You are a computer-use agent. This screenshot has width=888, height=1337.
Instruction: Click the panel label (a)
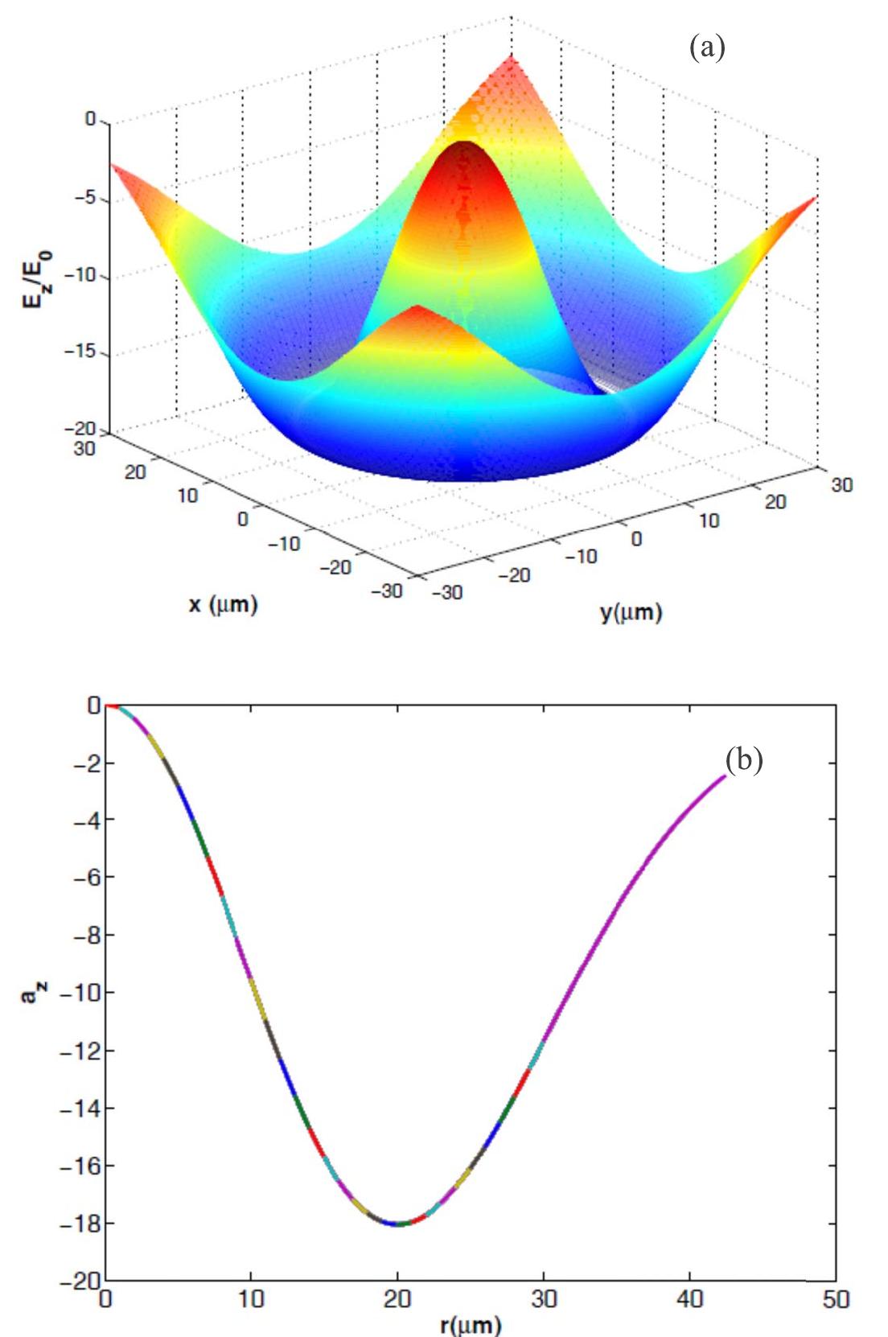[x=708, y=48]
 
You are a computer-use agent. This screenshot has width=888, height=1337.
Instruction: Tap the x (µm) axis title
[x=224, y=605]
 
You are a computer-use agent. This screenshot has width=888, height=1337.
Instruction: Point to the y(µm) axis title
[x=631, y=613]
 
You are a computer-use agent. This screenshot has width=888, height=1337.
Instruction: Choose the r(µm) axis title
[x=471, y=1323]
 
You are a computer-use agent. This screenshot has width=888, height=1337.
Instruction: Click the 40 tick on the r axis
[x=690, y=1299]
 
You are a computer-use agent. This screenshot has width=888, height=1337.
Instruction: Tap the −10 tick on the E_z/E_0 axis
[x=80, y=276]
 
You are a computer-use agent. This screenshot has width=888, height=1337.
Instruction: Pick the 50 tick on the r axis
[x=836, y=1299]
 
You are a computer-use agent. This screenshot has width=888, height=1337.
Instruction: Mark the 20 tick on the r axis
[x=397, y=1299]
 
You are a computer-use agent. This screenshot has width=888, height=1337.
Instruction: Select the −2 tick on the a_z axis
[x=84, y=763]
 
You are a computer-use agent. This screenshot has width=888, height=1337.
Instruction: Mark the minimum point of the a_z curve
[x=397, y=1224]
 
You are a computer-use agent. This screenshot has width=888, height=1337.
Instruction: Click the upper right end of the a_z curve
[x=724, y=776]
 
